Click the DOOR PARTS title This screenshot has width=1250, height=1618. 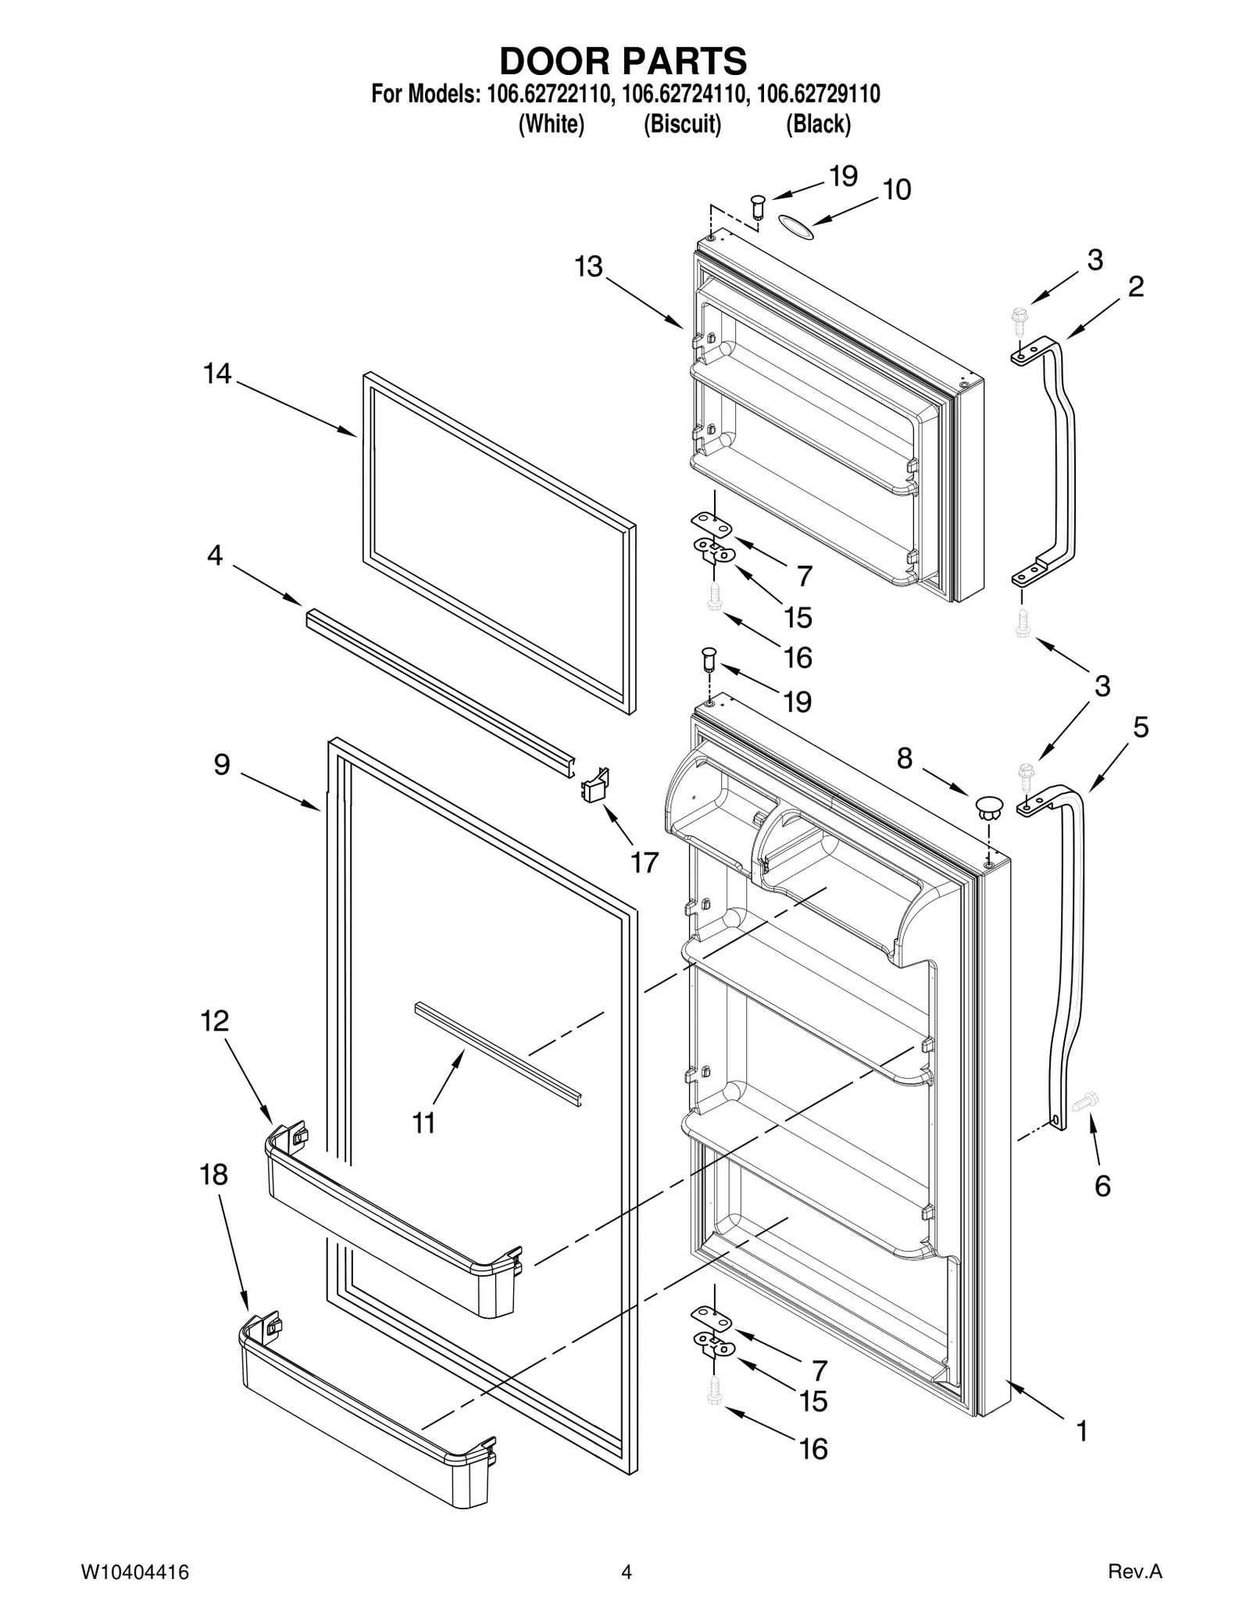point(623,60)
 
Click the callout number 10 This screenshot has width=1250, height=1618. point(896,190)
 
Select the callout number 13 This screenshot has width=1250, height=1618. point(589,267)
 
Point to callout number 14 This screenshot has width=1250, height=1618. point(217,374)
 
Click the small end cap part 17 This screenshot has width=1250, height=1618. point(595,784)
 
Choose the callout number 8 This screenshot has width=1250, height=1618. point(904,758)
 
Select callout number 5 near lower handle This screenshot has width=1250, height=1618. point(1140,728)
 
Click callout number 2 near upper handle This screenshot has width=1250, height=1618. point(1135,287)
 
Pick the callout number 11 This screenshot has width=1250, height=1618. point(423,1123)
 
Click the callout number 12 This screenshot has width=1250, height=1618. point(215,1020)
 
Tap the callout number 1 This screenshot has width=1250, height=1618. point(1081,1431)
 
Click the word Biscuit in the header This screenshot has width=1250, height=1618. point(681,124)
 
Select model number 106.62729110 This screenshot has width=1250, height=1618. point(819,95)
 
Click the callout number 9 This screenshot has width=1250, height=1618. point(222,764)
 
